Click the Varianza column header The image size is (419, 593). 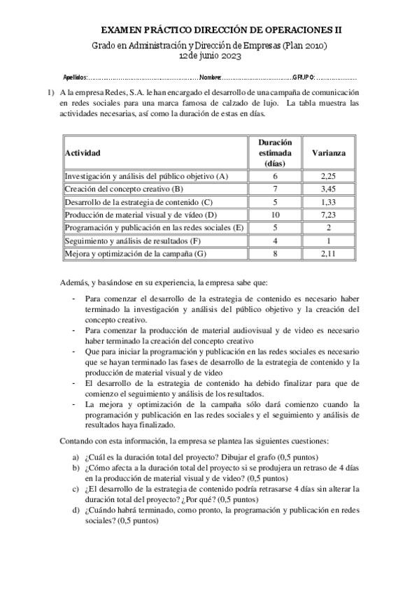point(328,152)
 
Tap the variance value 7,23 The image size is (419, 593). point(328,215)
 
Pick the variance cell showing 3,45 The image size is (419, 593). point(328,190)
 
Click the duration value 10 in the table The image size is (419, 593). point(275,215)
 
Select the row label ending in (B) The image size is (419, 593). point(124,190)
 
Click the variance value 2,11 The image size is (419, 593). point(328,253)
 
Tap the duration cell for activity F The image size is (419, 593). point(275,241)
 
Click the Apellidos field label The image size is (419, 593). point(75,76)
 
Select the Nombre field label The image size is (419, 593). point(211,76)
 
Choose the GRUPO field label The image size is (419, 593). point(303,76)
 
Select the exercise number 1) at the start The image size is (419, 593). point(50,92)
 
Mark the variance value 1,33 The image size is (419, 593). point(328,202)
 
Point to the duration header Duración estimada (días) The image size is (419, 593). point(275,152)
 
